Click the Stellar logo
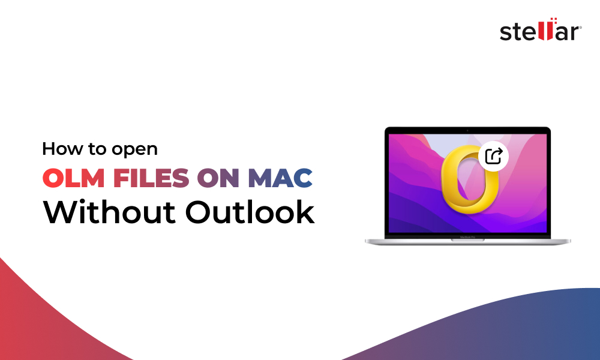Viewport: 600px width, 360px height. click(539, 32)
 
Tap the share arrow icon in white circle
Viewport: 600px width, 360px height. click(493, 157)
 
